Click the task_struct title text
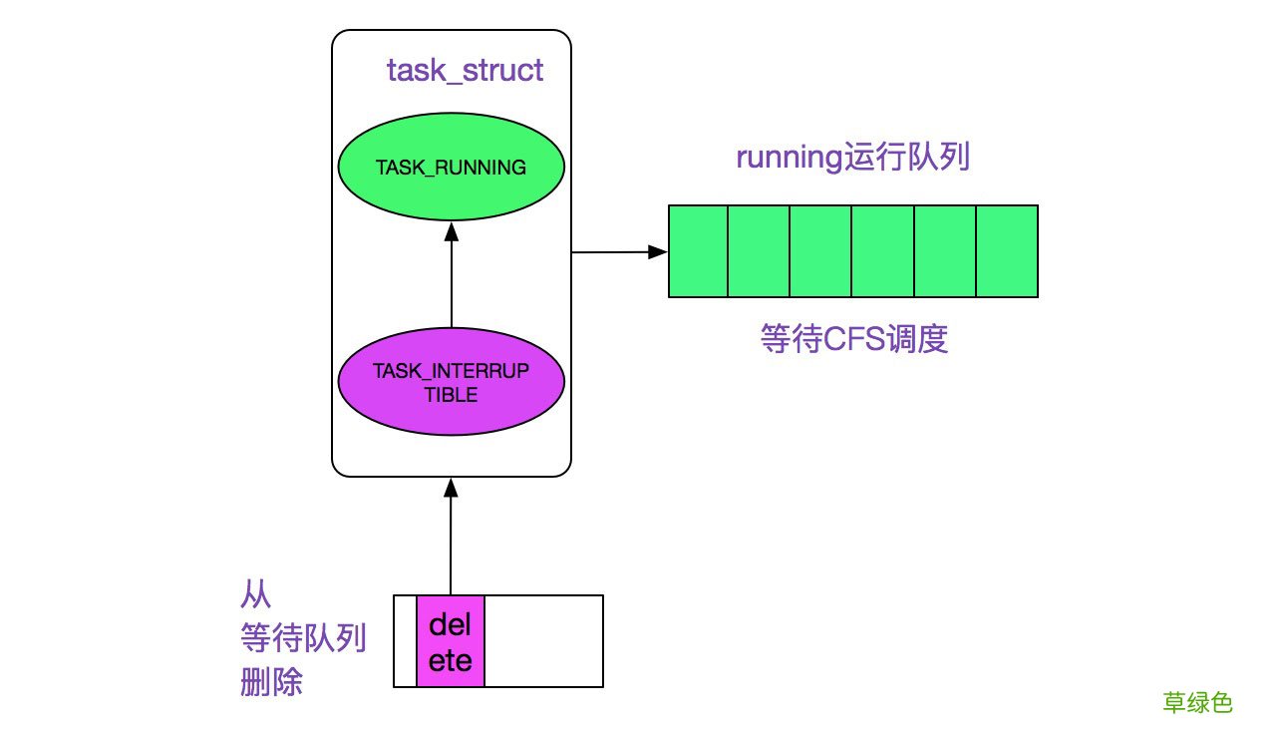[x=466, y=71]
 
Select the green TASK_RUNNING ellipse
[x=451, y=168]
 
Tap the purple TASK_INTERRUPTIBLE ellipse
[x=451, y=382]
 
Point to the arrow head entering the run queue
[x=658, y=252]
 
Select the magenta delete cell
[x=451, y=641]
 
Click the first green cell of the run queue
[x=698, y=251]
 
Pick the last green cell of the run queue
[x=1007, y=251]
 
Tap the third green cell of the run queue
[x=821, y=251]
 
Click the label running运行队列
[x=852, y=159]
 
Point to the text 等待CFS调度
[x=853, y=340]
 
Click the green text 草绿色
[x=1198, y=703]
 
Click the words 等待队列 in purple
[x=303, y=637]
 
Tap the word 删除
[x=271, y=683]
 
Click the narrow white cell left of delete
[x=406, y=641]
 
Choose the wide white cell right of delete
[x=543, y=641]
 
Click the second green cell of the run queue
[x=760, y=251]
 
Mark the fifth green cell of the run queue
[x=945, y=251]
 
